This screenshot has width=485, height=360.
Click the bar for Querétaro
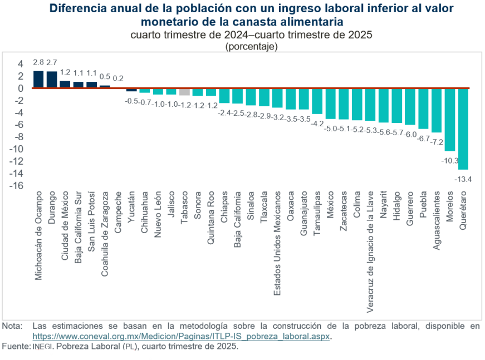click(463, 129)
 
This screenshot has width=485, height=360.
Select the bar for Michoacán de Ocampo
click(38, 80)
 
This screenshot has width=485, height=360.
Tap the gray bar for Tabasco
click(185, 92)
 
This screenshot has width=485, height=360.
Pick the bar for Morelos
click(450, 120)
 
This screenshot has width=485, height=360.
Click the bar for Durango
click(52, 80)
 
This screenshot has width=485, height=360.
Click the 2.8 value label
click(38, 62)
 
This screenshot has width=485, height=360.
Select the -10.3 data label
click(449, 161)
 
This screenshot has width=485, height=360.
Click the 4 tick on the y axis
click(20, 63)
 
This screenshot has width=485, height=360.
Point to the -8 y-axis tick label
click(18, 136)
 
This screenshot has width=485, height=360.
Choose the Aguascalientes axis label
click(437, 221)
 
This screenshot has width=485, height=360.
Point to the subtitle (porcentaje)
click(251, 46)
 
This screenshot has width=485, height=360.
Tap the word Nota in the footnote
click(11, 326)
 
